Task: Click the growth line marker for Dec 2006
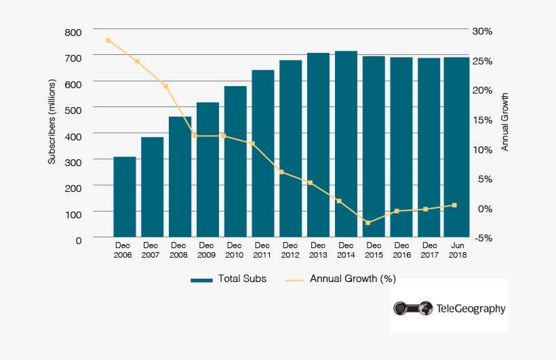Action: tap(108, 41)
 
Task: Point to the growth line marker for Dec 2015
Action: tap(368, 223)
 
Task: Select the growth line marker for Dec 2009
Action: tap(195, 136)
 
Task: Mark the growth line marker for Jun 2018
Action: tap(454, 205)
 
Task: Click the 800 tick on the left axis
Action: tap(73, 32)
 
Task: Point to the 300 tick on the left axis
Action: tap(73, 161)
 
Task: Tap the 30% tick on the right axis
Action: tap(483, 32)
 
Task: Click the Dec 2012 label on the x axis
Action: tap(290, 250)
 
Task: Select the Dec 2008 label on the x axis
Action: tap(179, 250)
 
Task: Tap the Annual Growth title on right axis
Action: tap(504, 122)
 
